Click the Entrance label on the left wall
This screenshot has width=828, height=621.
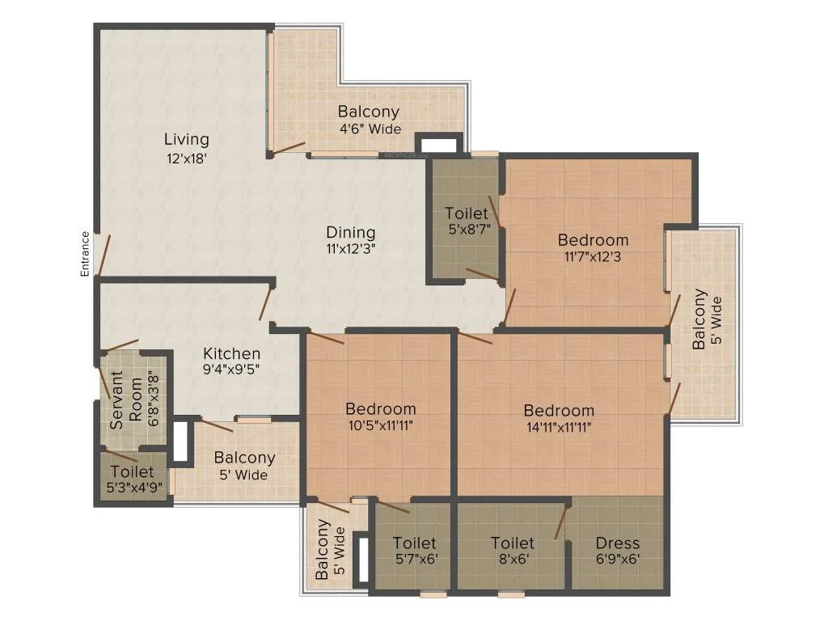(x=84, y=254)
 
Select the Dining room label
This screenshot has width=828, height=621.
(x=351, y=232)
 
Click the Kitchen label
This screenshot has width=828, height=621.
(x=232, y=353)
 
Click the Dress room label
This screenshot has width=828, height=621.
(x=617, y=543)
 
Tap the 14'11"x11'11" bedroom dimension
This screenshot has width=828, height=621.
(x=559, y=427)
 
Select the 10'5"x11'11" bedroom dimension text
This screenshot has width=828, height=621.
(x=380, y=425)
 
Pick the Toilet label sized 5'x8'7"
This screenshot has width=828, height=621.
(x=467, y=213)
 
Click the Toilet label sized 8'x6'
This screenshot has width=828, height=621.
(x=512, y=543)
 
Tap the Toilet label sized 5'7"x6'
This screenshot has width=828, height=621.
(x=415, y=543)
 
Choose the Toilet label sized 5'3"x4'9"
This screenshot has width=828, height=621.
(x=132, y=471)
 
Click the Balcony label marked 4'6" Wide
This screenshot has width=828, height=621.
(x=369, y=112)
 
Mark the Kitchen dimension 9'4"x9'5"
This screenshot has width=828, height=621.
(x=231, y=369)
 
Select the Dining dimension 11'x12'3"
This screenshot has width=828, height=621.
(x=351, y=249)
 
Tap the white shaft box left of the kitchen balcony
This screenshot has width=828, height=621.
(x=180, y=441)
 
